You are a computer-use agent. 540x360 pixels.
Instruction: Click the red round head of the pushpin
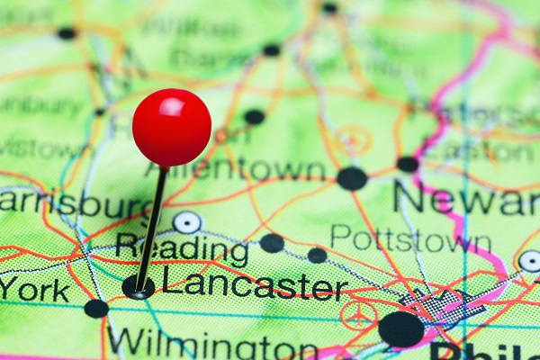171,127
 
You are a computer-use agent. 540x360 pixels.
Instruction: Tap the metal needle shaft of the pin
152,225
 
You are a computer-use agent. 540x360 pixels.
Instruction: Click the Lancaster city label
255,286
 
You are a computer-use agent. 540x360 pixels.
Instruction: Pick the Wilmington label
200,345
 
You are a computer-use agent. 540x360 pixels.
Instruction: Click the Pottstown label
410,239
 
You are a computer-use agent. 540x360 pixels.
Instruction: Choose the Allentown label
247,169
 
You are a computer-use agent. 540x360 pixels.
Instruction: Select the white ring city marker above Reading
187,221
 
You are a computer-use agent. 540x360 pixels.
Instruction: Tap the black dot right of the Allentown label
352,178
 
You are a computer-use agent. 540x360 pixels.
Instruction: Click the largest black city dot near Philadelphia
400,328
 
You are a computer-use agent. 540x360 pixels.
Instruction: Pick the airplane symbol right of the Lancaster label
359,315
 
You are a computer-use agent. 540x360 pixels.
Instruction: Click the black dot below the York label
96,309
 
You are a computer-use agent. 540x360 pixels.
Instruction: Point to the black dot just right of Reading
272,243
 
